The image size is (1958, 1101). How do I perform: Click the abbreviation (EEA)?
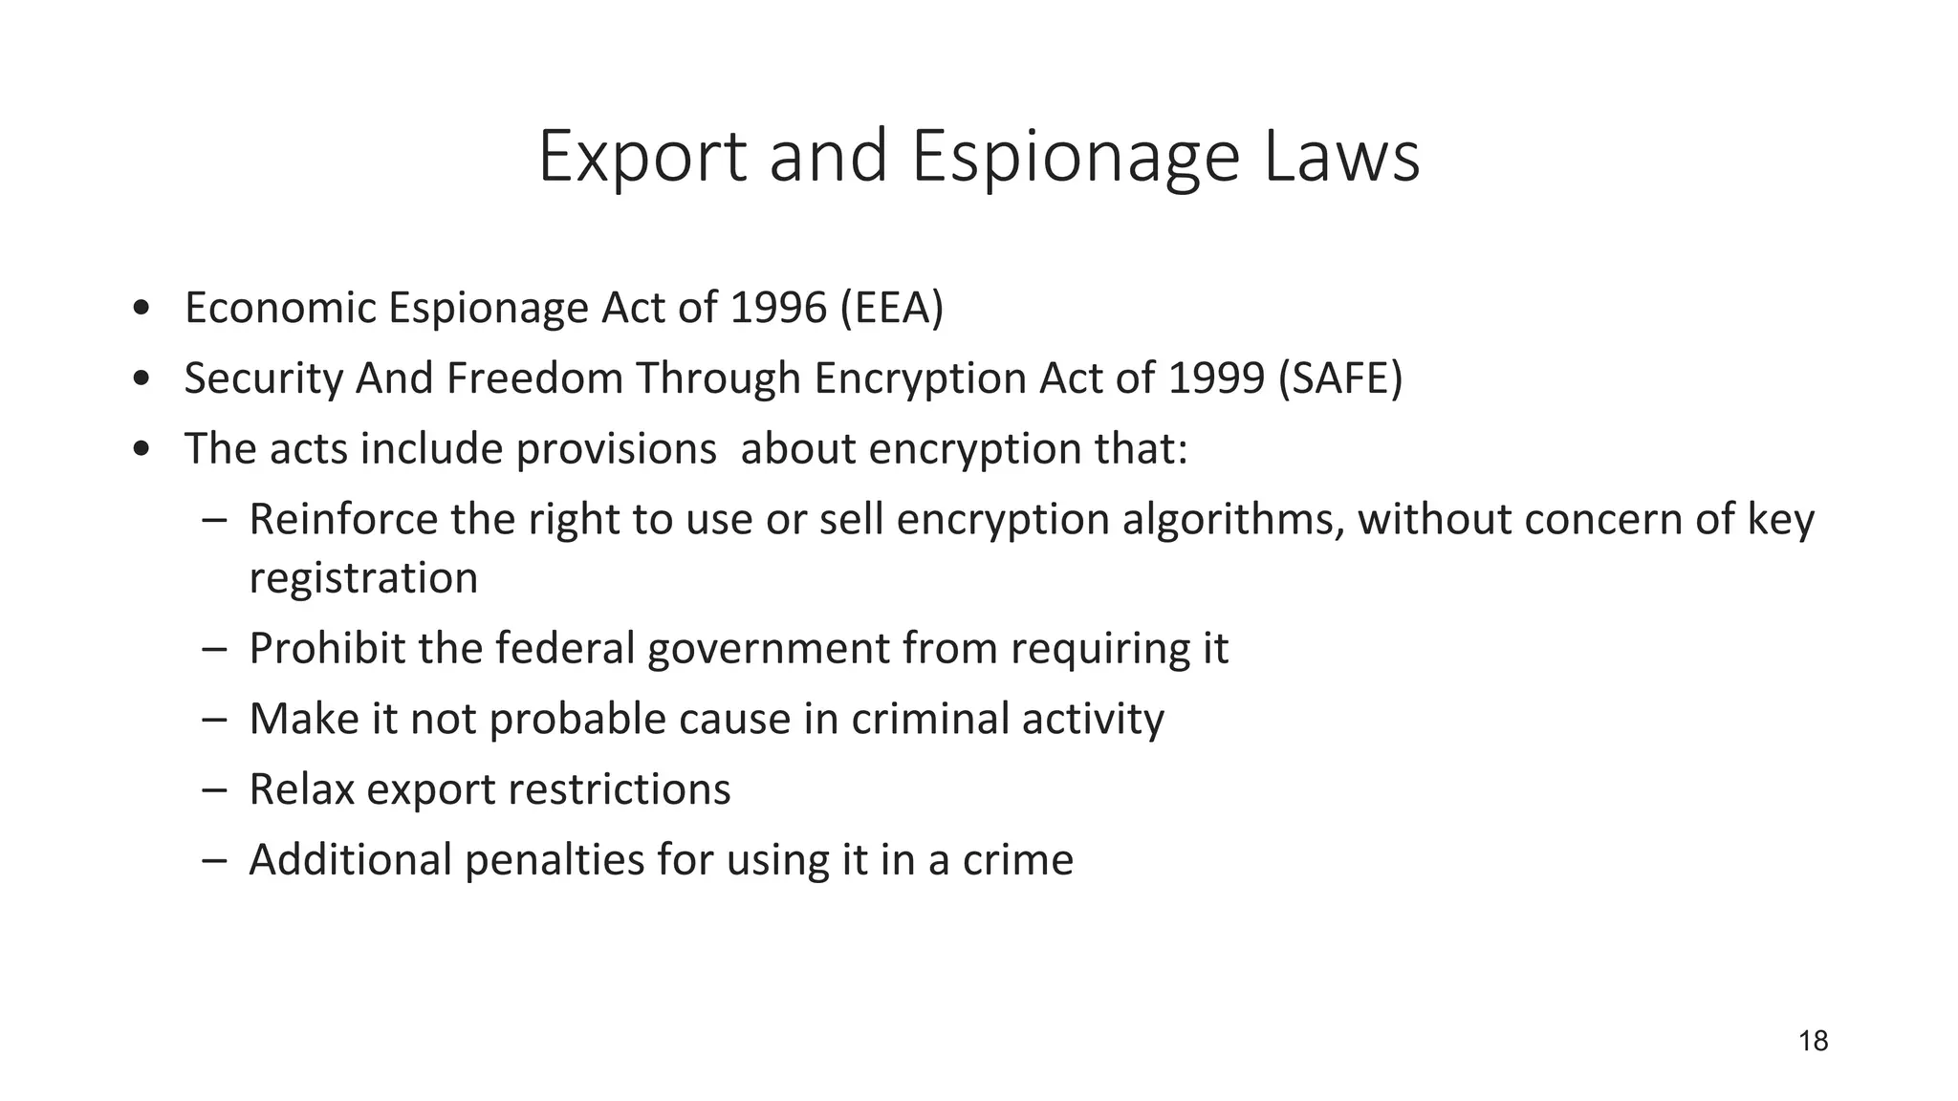tap(891, 308)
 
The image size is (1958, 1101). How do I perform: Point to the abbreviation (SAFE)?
tap(1339, 378)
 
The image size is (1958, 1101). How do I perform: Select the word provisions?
tap(616, 449)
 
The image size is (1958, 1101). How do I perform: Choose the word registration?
tap(363, 578)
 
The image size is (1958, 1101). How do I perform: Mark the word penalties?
tap(555, 860)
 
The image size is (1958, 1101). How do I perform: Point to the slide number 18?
tap(1813, 1041)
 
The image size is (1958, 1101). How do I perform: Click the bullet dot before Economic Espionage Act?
tap(141, 309)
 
